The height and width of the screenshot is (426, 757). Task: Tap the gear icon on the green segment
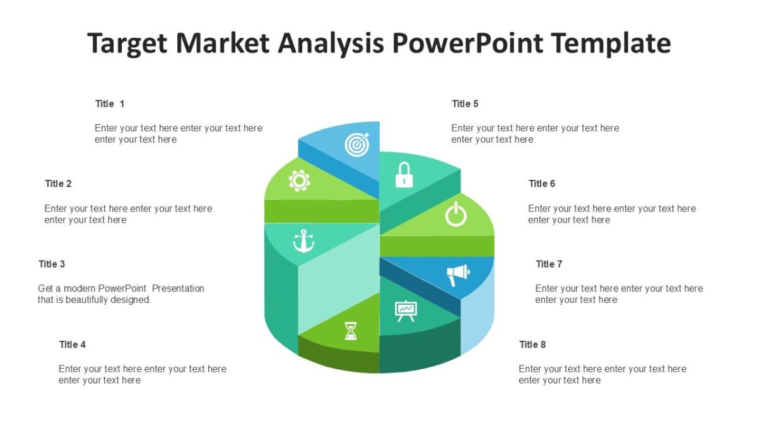pyautogui.click(x=299, y=181)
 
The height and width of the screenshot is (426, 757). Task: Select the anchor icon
pyautogui.click(x=303, y=240)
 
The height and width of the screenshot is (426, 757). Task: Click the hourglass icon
pyautogui.click(x=351, y=331)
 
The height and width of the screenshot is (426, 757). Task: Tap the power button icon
pyautogui.click(x=455, y=215)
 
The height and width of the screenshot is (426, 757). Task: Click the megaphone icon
pyautogui.click(x=458, y=275)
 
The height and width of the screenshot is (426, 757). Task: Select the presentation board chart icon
pyautogui.click(x=406, y=311)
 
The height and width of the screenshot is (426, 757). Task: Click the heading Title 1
pyautogui.click(x=110, y=104)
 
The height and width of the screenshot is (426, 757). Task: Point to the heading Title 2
pyautogui.click(x=58, y=184)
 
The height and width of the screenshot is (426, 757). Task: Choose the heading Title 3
pyautogui.click(x=52, y=264)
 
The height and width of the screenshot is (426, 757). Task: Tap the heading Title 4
pyautogui.click(x=73, y=345)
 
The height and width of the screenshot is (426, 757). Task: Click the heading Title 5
pyautogui.click(x=465, y=104)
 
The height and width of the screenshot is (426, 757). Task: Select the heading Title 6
pyautogui.click(x=542, y=184)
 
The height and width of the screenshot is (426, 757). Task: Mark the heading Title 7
pyautogui.click(x=549, y=264)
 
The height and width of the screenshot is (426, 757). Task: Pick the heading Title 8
pyautogui.click(x=532, y=345)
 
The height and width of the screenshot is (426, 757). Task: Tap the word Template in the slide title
pyautogui.click(x=611, y=44)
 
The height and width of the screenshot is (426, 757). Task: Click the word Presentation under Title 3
pyautogui.click(x=179, y=288)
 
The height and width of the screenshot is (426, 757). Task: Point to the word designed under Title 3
pyautogui.click(x=131, y=300)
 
